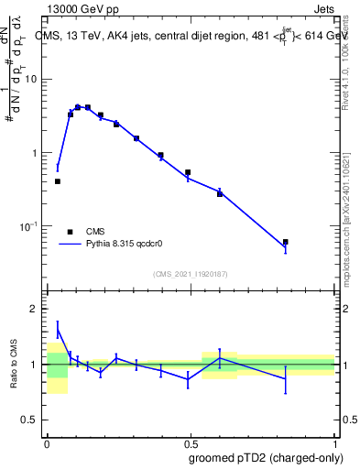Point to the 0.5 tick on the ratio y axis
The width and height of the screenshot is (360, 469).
34,420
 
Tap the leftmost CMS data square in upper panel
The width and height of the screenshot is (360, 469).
58,181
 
